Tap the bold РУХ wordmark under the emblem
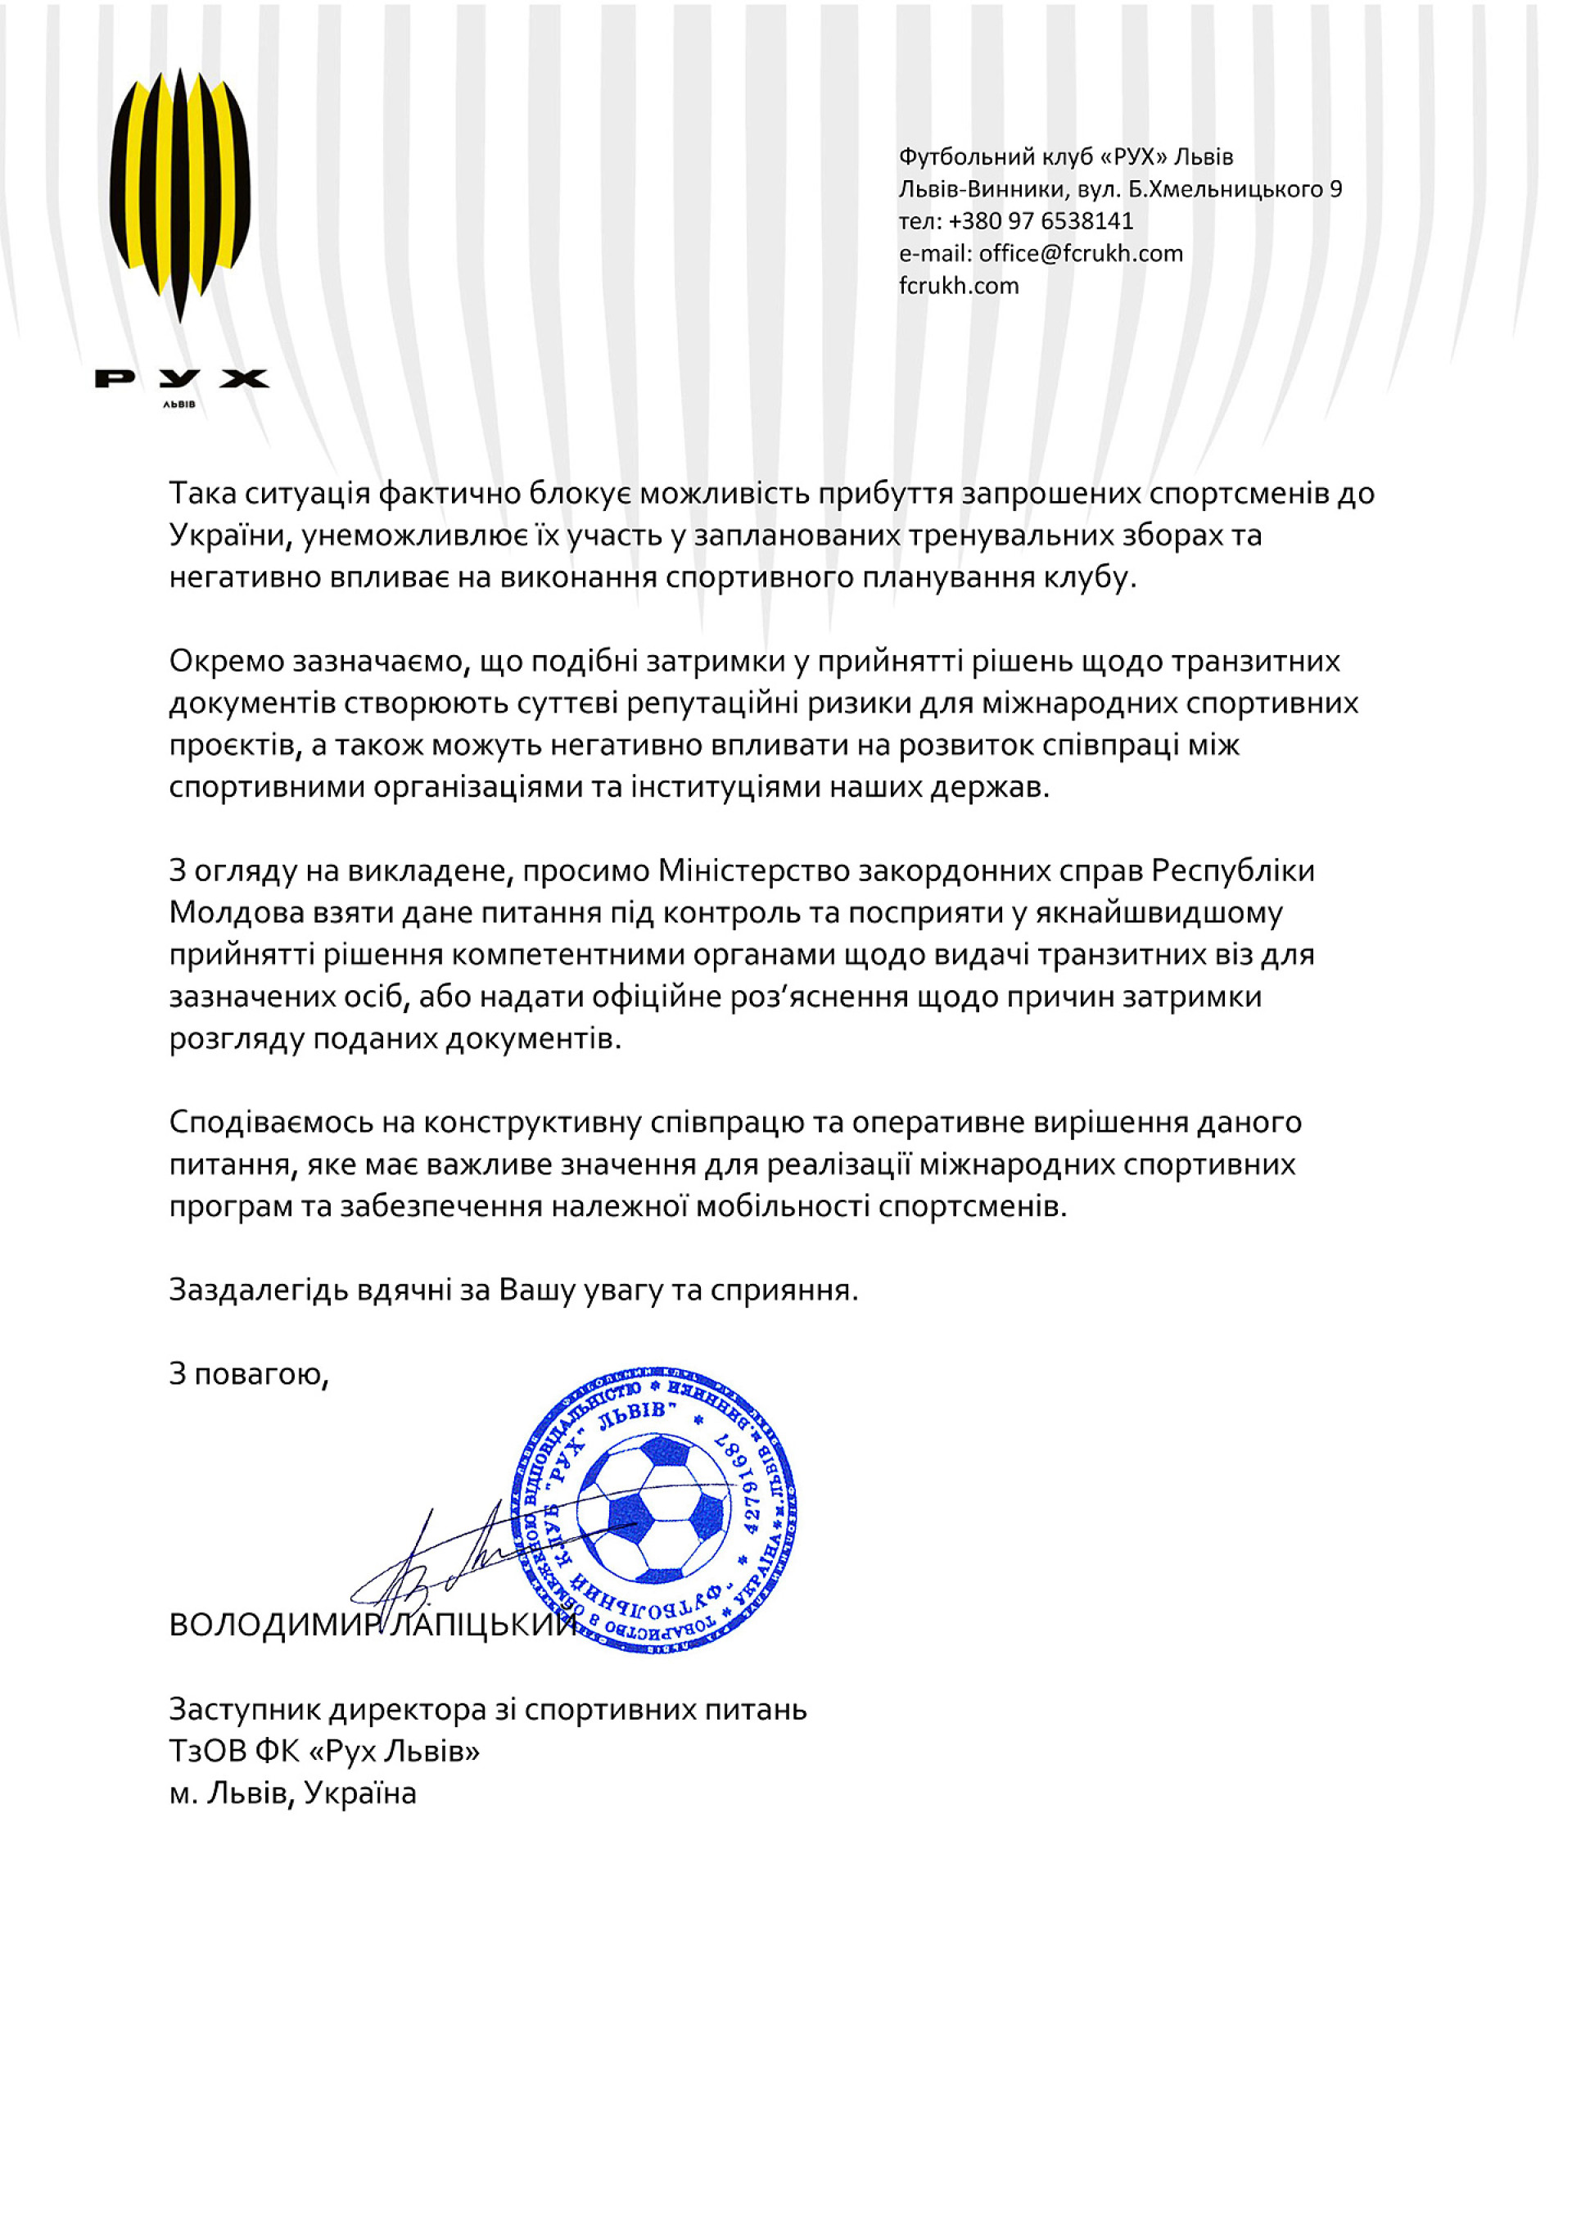tap(181, 378)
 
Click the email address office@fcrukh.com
tap(1081, 254)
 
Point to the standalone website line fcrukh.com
tap(959, 286)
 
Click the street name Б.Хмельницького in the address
tap(1225, 189)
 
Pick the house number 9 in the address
tap(1335, 189)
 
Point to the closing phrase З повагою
tap(248, 1374)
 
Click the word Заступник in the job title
tap(244, 1708)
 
